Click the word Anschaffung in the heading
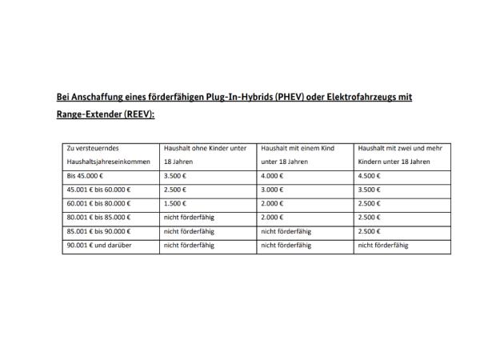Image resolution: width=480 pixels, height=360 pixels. [x=102, y=97]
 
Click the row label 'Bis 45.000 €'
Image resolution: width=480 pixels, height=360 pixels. [x=86, y=175]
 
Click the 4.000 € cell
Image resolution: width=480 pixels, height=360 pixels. [x=272, y=175]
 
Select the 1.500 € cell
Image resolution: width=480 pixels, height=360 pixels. [x=174, y=203]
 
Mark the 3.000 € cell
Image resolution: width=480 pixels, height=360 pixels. [x=272, y=189]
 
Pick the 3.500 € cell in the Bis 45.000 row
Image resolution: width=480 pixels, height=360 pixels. [x=174, y=175]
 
